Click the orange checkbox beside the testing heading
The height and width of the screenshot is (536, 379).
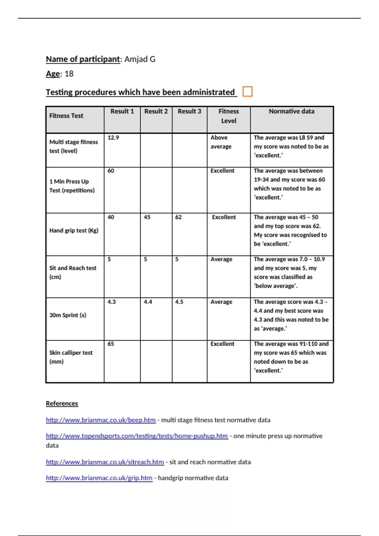click(x=247, y=91)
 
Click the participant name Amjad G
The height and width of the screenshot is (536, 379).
click(x=140, y=59)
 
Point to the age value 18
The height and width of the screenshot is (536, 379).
click(x=69, y=74)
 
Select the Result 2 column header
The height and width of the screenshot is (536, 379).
click(x=156, y=111)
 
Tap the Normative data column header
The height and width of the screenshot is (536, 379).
click(x=292, y=111)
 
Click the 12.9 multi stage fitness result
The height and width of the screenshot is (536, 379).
click(x=113, y=137)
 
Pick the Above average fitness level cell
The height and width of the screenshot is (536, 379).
click(x=221, y=142)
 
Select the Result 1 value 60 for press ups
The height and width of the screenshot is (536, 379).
click(x=111, y=171)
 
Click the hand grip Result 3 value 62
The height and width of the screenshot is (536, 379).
click(x=178, y=217)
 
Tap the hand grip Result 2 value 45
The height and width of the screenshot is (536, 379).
click(x=147, y=217)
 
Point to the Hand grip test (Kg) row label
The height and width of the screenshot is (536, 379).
click(x=74, y=230)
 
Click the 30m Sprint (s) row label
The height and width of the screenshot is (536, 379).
click(x=68, y=315)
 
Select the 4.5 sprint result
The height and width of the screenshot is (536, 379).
click(x=179, y=302)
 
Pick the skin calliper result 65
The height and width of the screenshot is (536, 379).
click(x=111, y=344)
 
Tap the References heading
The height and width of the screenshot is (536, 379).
click(x=62, y=403)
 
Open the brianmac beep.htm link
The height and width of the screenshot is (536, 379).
click(x=101, y=420)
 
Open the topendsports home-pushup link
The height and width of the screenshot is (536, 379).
click(x=137, y=436)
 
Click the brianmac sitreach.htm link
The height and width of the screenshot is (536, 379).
click(x=105, y=462)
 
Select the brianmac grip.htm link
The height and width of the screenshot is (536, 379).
click(x=99, y=478)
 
